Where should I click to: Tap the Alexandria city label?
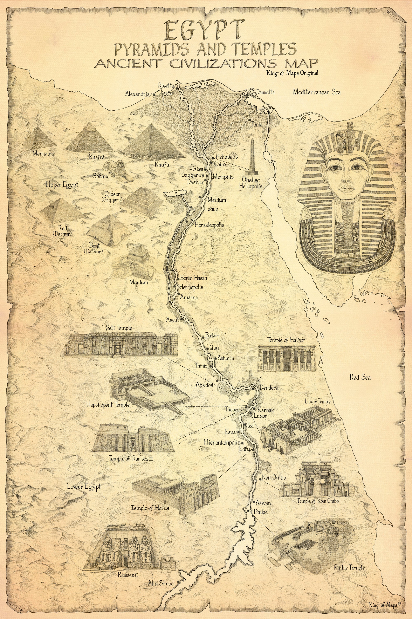137,94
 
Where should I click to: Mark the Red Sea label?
360,377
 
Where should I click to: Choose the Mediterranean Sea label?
317,92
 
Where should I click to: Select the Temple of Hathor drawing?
286,358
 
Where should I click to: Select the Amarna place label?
189,297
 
